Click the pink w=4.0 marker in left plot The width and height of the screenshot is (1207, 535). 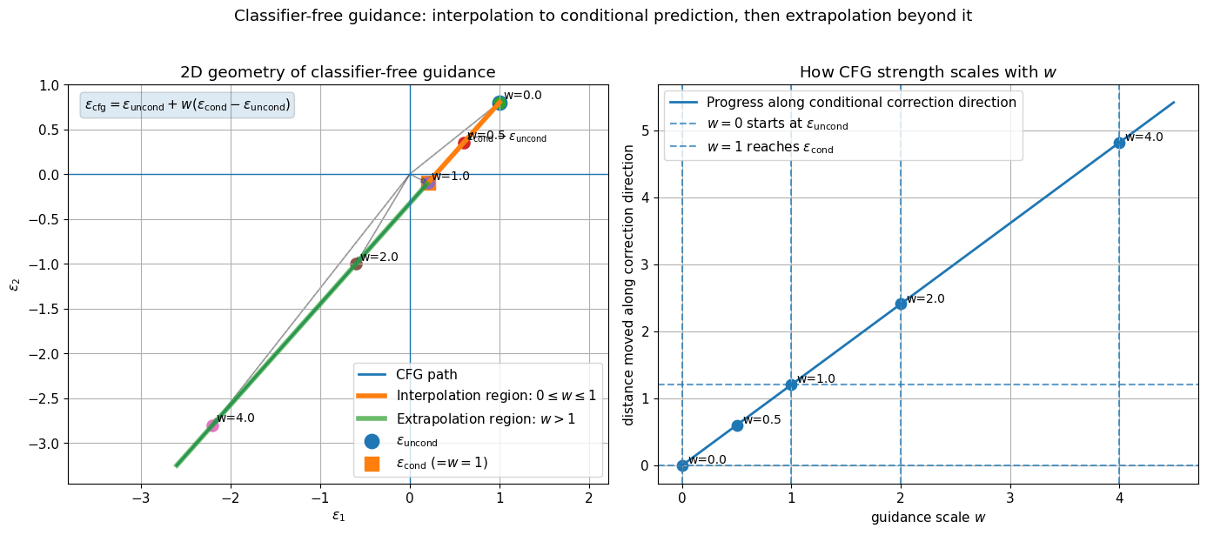[x=212, y=425]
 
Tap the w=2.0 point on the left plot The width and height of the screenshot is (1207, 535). [x=356, y=264]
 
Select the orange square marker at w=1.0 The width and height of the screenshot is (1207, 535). [x=428, y=183]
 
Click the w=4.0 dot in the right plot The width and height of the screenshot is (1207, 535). [x=1119, y=143]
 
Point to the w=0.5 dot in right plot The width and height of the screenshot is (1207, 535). [x=737, y=425]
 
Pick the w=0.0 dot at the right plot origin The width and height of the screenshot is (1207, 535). [x=682, y=465]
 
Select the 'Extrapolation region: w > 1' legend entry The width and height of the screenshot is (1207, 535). [x=486, y=418]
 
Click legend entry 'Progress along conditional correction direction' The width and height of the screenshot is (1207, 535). [x=861, y=103]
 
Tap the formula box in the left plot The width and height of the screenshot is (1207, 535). [x=187, y=105]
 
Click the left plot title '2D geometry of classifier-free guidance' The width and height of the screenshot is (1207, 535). [x=338, y=72]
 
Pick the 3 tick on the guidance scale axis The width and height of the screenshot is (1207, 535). [x=1009, y=499]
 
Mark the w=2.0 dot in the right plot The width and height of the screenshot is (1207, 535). [x=901, y=304]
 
